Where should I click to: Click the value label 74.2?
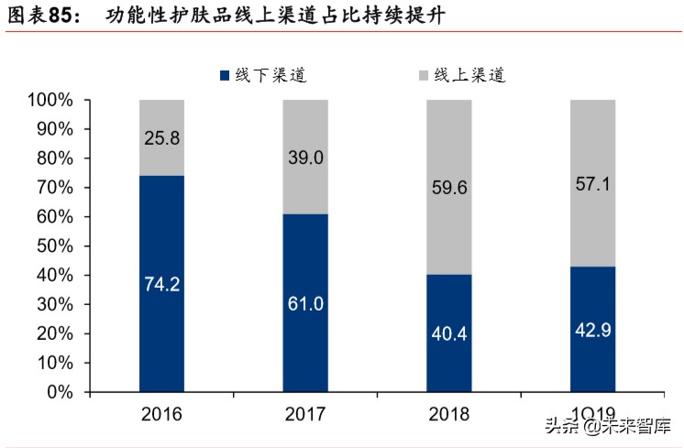(x=162, y=284)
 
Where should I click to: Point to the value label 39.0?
(x=305, y=158)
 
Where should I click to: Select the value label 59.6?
(x=449, y=188)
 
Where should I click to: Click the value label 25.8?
(x=162, y=139)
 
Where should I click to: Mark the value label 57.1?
(x=593, y=183)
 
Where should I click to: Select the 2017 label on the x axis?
(x=305, y=414)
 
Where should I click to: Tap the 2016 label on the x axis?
(x=162, y=414)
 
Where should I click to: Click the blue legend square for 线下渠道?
(x=223, y=76)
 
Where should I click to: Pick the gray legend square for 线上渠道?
(x=423, y=76)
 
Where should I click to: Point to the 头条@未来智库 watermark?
(x=608, y=427)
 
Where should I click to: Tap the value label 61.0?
(x=305, y=303)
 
